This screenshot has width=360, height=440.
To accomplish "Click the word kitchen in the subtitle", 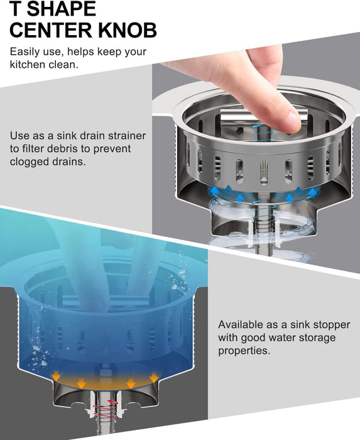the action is [28, 65].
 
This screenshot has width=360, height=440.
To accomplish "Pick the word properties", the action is [244, 351].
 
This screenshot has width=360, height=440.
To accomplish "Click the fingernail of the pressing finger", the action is [293, 121].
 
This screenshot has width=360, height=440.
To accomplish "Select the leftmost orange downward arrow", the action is [57, 376].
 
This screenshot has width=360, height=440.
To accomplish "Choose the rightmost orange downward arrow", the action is [154, 377].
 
